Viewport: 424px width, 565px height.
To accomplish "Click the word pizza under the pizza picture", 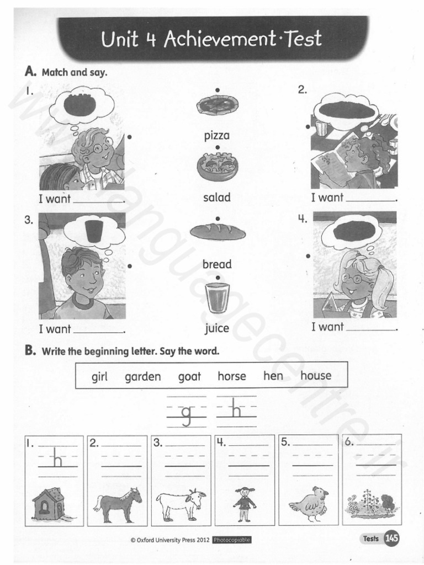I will pos(217,135).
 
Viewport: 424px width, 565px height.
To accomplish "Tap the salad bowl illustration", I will pos(217,166).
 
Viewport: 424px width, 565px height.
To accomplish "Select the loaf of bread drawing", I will pos(218,232).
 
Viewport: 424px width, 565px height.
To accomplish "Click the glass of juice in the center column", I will pos(217,299).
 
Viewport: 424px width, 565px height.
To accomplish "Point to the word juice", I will pos(217,329).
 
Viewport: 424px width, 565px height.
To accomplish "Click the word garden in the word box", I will pos(142,377).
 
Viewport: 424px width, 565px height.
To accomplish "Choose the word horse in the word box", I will pos(232,376).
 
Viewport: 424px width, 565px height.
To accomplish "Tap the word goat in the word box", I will pos(189,377).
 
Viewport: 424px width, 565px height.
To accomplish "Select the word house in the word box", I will pos(316,376).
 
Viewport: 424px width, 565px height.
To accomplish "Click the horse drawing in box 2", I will pos(118,504).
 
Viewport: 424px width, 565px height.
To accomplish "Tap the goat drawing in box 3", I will pos(181,504).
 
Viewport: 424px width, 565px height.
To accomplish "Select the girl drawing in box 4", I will pos(244,504).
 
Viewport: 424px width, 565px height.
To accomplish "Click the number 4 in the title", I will pos(151,40).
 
